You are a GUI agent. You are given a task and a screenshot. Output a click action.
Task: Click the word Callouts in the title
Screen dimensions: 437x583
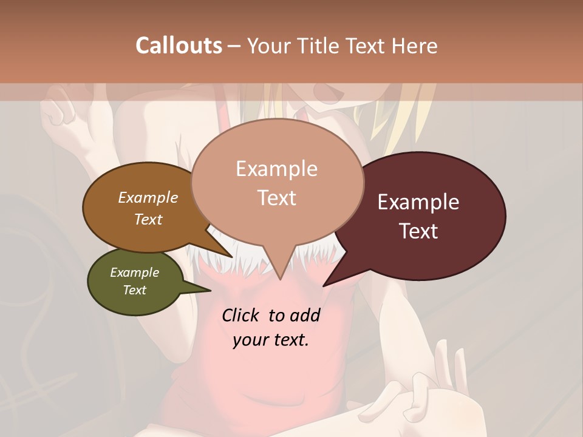pyautogui.click(x=179, y=46)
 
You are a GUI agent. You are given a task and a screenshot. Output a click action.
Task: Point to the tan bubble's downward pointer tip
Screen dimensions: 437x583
pyautogui.click(x=280, y=279)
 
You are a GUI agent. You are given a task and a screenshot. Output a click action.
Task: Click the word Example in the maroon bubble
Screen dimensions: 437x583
pyautogui.click(x=418, y=202)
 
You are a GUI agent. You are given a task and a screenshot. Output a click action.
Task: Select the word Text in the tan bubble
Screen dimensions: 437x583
pyautogui.click(x=277, y=198)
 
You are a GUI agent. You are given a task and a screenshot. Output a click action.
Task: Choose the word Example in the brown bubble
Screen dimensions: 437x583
pyautogui.click(x=148, y=197)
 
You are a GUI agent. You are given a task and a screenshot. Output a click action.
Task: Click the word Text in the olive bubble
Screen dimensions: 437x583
pyautogui.click(x=135, y=290)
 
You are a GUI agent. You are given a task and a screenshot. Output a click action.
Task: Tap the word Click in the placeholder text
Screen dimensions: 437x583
pyautogui.click(x=241, y=315)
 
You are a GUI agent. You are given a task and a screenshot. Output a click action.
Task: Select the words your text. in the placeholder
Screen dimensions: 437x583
pyautogui.click(x=271, y=340)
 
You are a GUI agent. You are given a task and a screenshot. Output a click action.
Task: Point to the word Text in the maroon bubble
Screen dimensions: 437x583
pyautogui.click(x=418, y=231)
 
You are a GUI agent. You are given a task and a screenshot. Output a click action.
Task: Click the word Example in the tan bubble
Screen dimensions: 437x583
pyautogui.click(x=277, y=169)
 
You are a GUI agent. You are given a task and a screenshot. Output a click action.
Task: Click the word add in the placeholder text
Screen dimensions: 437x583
pyautogui.click(x=305, y=315)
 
